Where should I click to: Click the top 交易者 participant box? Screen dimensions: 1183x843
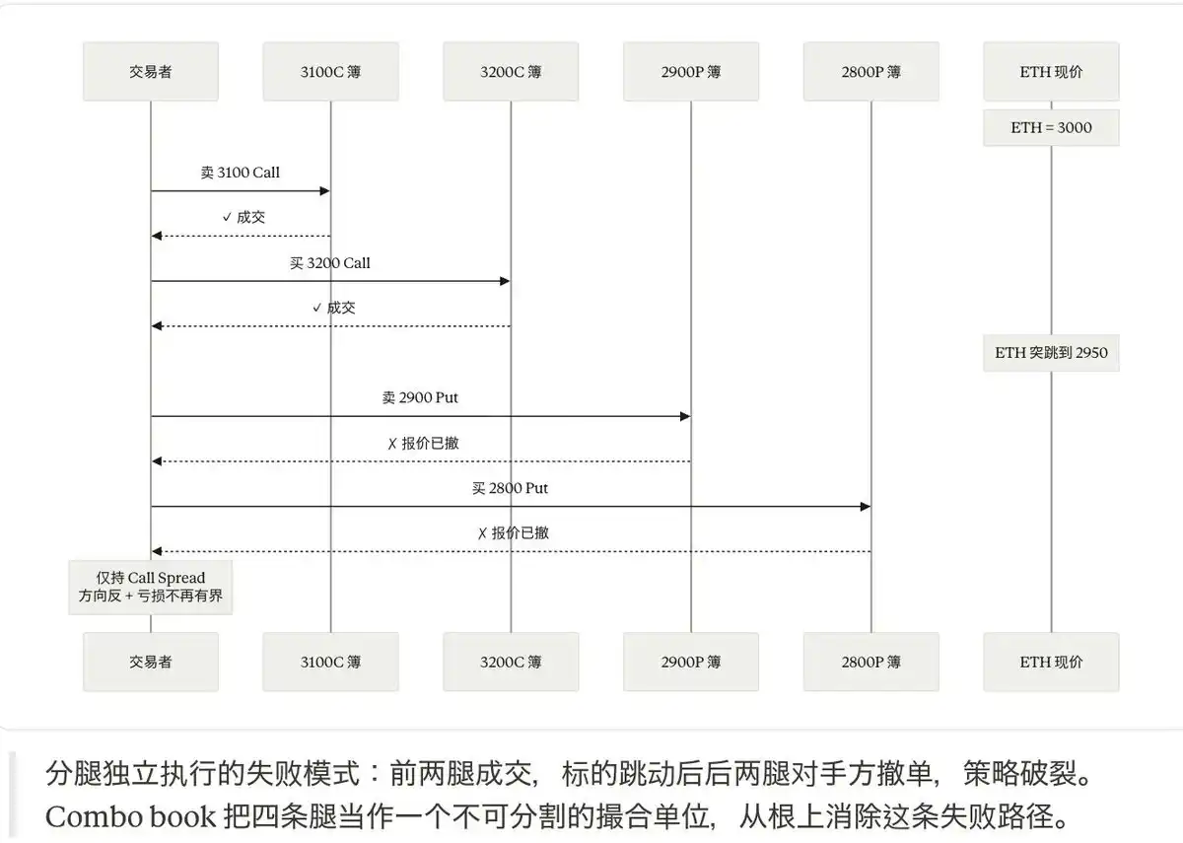[151, 71]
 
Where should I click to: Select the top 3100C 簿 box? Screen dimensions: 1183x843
[330, 71]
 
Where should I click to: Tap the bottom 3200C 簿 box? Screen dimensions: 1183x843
[511, 662]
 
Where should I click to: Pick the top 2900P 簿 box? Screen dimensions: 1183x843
[691, 71]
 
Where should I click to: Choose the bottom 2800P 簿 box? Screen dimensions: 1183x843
[870, 662]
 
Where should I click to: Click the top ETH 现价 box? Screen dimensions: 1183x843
[1051, 71]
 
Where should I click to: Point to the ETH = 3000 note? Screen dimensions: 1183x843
[1051, 128]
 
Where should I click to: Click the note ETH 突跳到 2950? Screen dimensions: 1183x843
[1051, 353]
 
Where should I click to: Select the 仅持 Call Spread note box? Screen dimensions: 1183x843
[151, 588]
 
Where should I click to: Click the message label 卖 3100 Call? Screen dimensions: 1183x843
[241, 173]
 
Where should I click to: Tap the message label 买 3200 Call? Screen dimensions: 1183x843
[330, 263]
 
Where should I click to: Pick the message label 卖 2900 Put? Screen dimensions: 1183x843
[420, 397]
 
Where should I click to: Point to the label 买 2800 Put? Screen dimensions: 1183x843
[511, 488]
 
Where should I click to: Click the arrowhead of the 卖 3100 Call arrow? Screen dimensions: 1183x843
[324, 190]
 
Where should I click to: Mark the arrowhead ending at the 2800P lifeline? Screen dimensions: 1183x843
[866, 507]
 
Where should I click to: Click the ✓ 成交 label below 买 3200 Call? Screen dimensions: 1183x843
[334, 308]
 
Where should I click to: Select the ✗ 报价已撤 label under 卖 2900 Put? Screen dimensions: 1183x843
[424, 443]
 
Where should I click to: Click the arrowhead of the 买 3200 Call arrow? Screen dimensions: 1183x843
[505, 281]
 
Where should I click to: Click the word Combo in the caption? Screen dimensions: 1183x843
[93, 817]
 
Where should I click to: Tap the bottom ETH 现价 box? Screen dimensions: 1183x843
[1051, 662]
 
